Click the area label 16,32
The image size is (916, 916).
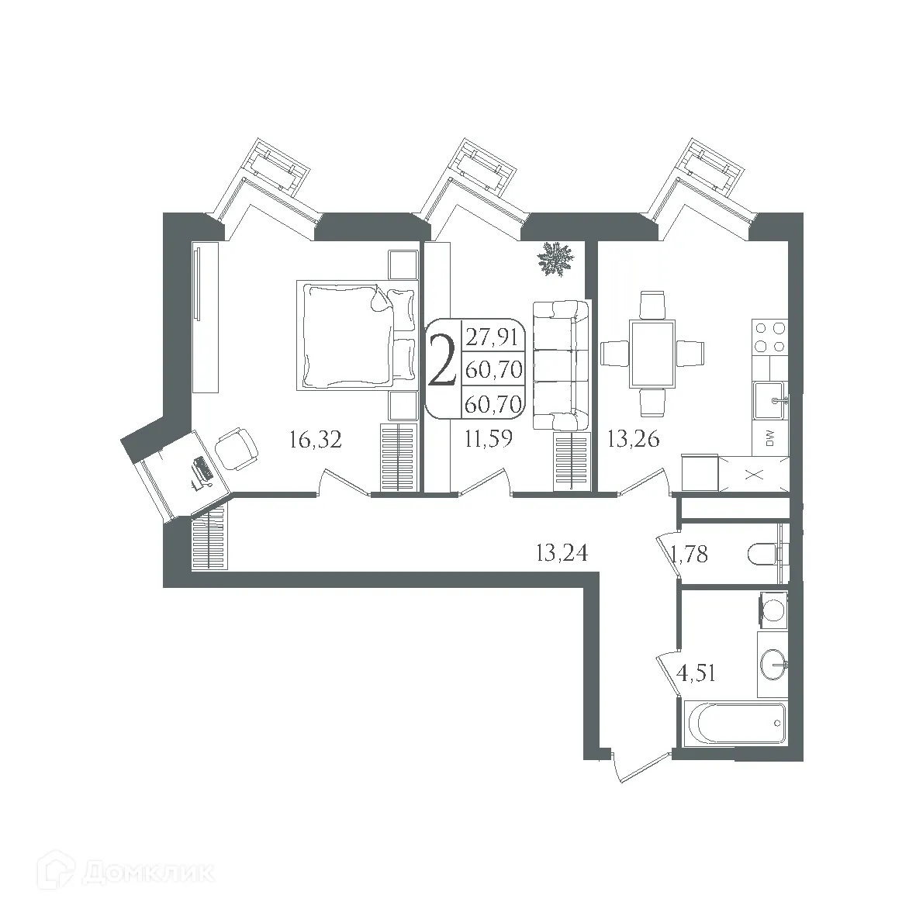(x=316, y=439)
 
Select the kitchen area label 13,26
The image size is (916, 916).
(x=633, y=438)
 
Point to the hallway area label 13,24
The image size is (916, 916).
(x=562, y=552)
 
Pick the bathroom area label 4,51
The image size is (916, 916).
(x=696, y=673)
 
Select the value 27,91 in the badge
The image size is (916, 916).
(x=492, y=337)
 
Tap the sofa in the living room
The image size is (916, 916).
(x=561, y=366)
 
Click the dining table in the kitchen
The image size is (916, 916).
(x=652, y=354)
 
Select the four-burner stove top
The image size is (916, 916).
(x=769, y=337)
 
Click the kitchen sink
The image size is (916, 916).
(x=769, y=400)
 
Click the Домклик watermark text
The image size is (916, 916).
(x=148, y=873)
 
